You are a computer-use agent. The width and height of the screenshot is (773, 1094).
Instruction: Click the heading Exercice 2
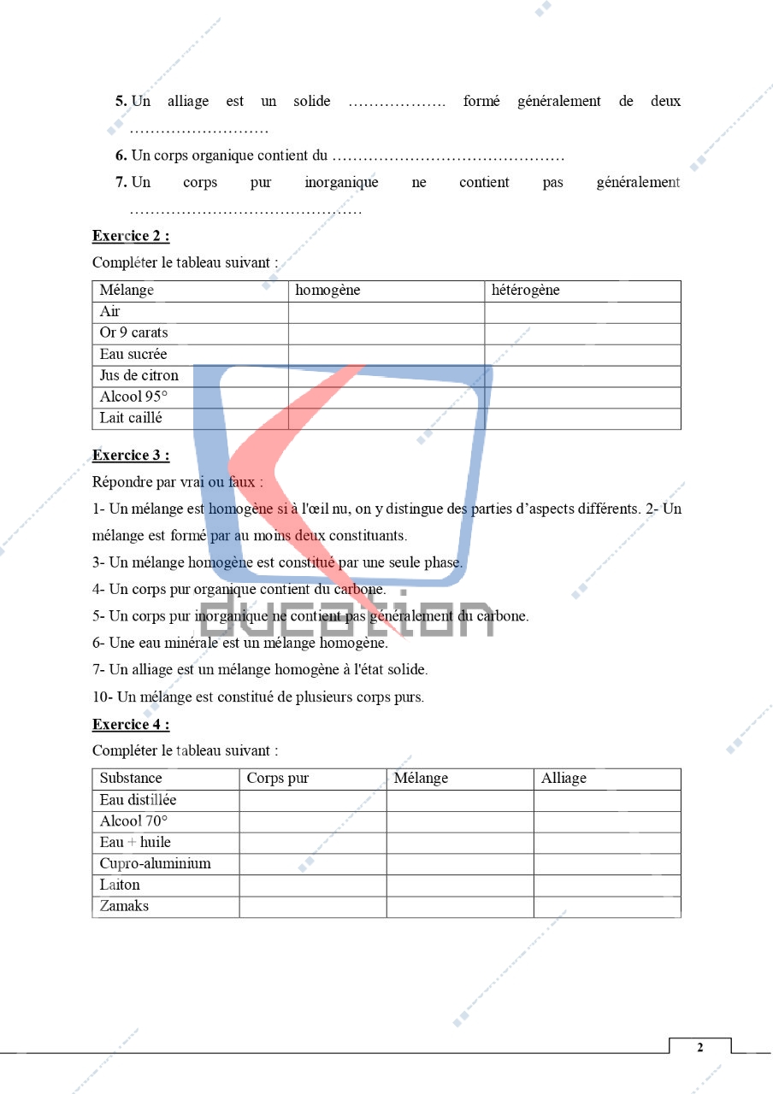(130, 236)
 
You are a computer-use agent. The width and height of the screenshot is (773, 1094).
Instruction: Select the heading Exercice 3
(130, 455)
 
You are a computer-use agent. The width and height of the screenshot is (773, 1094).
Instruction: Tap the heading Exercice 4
(130, 725)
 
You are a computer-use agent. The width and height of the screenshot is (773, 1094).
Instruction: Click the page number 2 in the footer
(699, 1048)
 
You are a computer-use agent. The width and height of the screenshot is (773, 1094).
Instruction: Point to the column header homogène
(327, 291)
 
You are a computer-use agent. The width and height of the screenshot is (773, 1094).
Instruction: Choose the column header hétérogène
(525, 291)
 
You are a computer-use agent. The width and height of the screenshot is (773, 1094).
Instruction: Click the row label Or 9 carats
(133, 333)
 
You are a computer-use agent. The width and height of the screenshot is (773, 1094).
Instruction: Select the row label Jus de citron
(139, 376)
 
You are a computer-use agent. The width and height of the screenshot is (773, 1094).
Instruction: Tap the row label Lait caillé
(130, 418)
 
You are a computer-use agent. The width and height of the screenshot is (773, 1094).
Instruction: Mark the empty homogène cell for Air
(386, 312)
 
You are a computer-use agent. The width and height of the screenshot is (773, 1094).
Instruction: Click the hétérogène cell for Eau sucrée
(582, 355)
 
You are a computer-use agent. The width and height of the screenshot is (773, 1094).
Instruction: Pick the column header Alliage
(564, 779)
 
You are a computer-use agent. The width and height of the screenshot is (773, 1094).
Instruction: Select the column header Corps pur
(277, 779)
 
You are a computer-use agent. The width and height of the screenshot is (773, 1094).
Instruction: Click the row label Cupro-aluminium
(155, 863)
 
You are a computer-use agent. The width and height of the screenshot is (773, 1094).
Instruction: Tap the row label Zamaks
(124, 906)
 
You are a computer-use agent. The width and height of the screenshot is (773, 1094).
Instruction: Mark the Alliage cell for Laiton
(607, 885)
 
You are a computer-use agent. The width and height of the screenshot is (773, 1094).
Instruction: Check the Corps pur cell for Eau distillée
(312, 801)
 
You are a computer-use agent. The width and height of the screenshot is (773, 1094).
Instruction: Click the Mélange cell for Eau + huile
(460, 843)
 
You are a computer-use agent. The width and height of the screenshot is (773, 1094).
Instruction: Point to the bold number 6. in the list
(121, 156)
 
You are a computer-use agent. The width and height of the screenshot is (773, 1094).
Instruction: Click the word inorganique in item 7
(341, 183)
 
